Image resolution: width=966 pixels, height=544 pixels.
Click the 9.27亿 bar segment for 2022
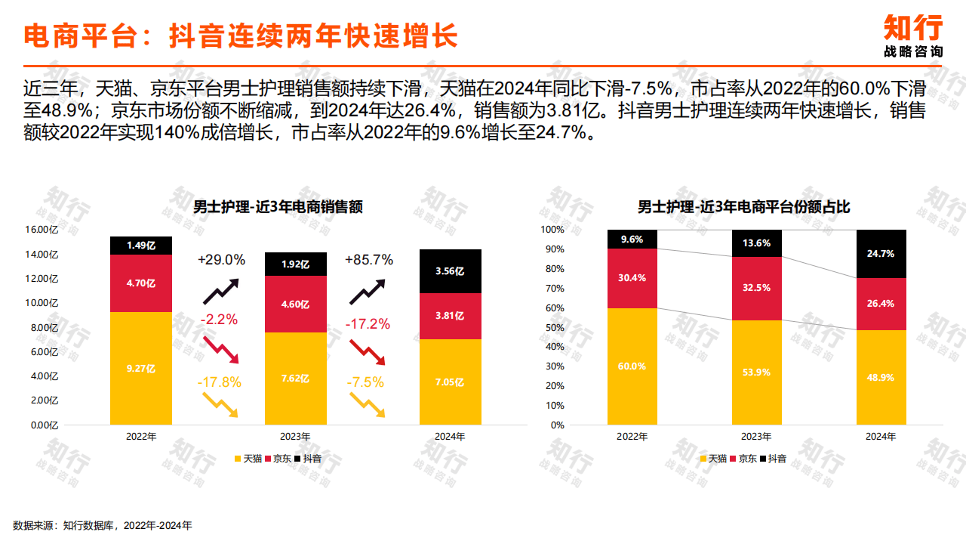[141, 369]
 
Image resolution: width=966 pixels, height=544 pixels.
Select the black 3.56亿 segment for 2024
[450, 271]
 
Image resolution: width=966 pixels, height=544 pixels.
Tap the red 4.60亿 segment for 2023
[295, 304]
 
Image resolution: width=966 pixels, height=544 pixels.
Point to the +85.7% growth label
[369, 260]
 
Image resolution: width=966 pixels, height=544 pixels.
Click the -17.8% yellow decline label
[220, 382]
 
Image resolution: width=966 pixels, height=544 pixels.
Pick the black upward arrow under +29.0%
[220, 291]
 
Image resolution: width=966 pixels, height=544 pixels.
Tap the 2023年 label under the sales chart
[295, 437]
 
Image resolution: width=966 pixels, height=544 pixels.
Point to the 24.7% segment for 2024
[881, 254]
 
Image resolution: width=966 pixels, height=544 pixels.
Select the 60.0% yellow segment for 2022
[632, 366]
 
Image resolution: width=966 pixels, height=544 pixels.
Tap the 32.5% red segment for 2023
[757, 288]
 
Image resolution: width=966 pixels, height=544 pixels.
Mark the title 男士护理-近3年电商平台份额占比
[744, 207]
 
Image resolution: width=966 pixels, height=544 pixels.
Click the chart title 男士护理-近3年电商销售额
[278, 207]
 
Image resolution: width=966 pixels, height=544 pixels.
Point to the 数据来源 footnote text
[103, 525]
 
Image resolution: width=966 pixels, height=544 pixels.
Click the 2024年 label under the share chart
[881, 437]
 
